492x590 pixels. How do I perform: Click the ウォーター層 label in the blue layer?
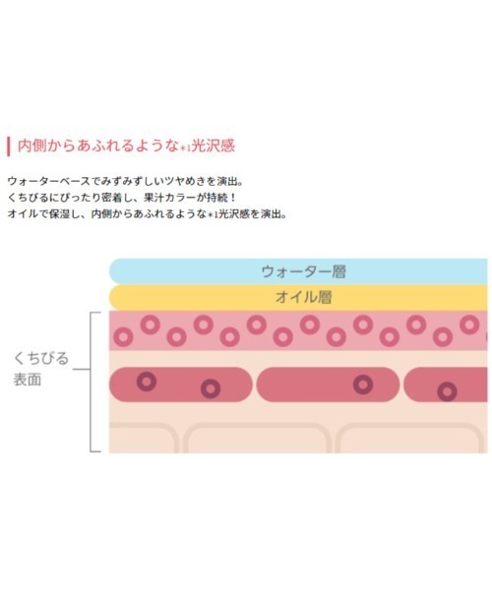[x=303, y=271]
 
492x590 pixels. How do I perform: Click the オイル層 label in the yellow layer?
[x=303, y=297]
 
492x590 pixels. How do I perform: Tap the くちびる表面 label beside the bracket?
[x=41, y=369]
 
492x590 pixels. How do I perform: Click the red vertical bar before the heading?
[x=8, y=147]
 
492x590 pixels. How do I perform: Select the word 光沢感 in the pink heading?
[x=214, y=146]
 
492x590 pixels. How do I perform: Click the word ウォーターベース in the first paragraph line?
[x=49, y=181]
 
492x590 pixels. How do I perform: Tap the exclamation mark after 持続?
[x=232, y=198]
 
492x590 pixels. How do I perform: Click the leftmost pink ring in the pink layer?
[x=123, y=336]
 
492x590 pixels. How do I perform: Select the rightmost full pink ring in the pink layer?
[x=469, y=324]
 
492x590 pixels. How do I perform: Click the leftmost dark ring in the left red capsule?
[x=147, y=382]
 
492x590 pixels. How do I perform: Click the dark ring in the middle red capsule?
[x=363, y=384]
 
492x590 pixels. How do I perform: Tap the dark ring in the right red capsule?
[x=447, y=391]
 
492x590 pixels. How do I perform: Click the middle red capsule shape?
[x=328, y=384]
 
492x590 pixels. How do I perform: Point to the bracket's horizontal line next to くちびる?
[x=82, y=369]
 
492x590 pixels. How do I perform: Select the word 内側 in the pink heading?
[x=32, y=146]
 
